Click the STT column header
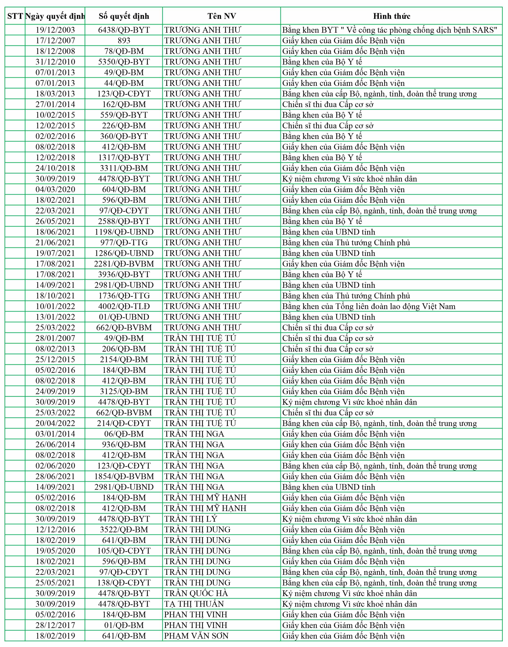(15, 16)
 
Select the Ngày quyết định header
(55, 16)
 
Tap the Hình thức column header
(391, 16)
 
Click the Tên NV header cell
(222, 16)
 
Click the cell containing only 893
(124, 41)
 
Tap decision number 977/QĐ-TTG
(124, 243)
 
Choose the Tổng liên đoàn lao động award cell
(369, 306)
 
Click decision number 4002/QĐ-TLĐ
(124, 306)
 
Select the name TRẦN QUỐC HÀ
(196, 593)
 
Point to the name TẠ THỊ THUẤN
(194, 604)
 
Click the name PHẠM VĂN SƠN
(196, 636)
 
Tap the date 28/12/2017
(55, 625)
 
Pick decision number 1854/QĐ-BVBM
(124, 476)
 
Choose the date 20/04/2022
(55, 423)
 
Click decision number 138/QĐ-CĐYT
(124, 583)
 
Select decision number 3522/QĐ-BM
(124, 529)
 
